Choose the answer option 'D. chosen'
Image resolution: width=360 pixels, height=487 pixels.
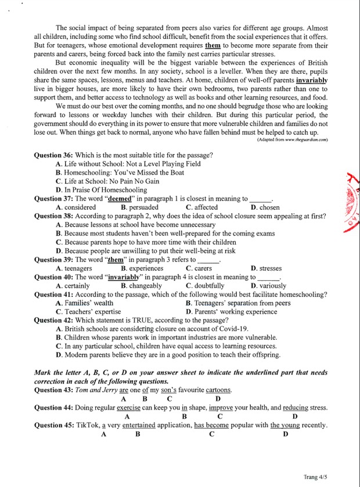coord(265,207)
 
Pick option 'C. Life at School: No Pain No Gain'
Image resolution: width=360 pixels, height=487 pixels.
coord(107,181)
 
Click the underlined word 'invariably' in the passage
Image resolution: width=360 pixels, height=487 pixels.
coord(311,80)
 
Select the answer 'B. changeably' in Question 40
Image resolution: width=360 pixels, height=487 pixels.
coord(141,286)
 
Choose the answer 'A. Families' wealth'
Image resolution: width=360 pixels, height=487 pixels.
coord(85,303)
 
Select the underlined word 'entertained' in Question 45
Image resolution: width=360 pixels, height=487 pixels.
coord(139,425)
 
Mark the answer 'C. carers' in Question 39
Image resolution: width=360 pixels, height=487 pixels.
coord(199,268)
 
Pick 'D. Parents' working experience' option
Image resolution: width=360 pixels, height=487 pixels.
coord(232,311)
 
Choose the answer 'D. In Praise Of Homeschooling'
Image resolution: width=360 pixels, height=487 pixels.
coord(101,190)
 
